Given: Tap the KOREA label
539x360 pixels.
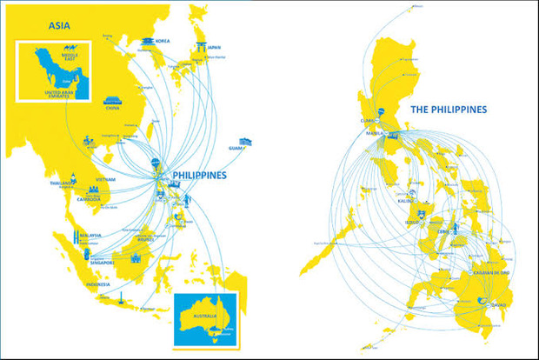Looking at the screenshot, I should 163,41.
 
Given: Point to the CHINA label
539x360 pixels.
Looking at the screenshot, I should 112,109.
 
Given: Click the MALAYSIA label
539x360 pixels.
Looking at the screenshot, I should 91,236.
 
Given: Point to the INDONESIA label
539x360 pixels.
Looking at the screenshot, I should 97,284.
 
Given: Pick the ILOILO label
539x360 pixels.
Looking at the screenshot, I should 411,222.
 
